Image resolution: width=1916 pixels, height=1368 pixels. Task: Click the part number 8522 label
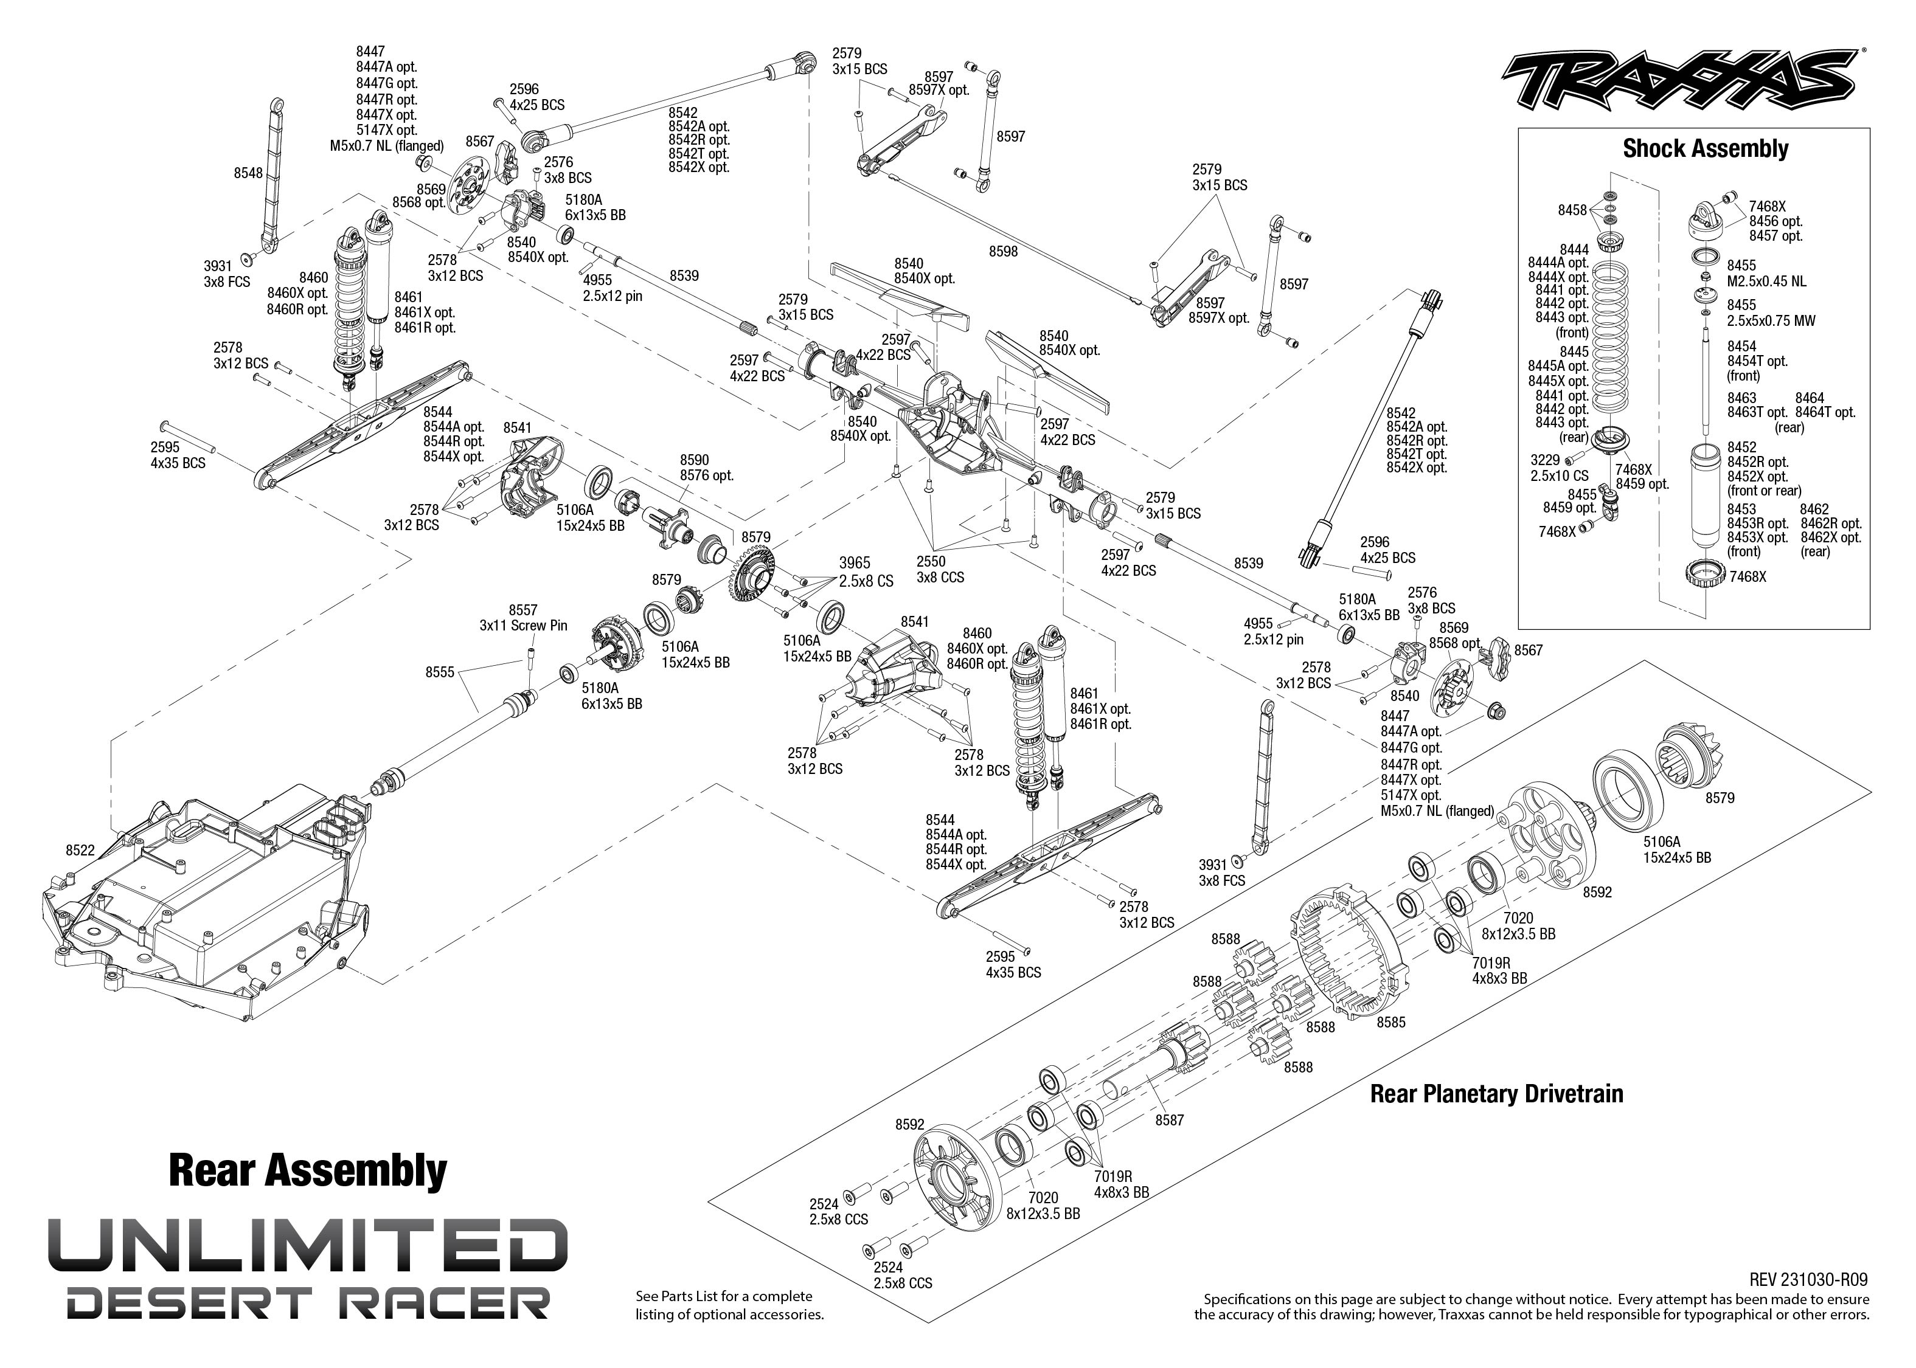(80, 850)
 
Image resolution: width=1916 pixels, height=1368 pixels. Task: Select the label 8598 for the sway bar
(1004, 251)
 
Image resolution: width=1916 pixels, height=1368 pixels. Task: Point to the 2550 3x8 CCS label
(940, 568)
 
